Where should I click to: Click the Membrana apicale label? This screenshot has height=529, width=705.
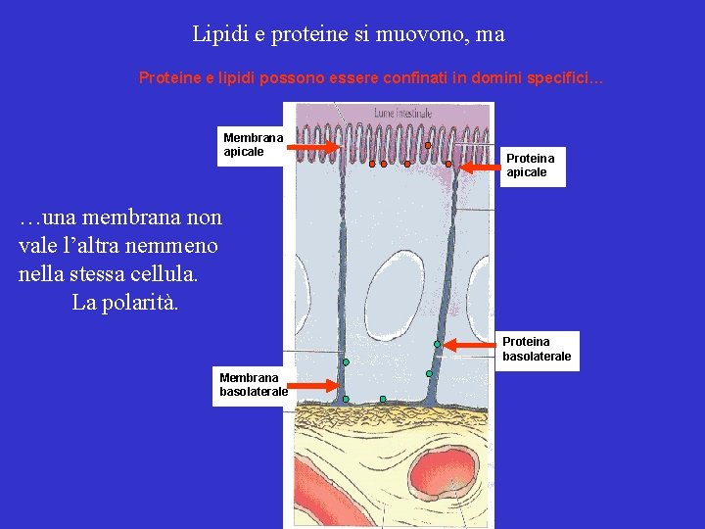point(254,145)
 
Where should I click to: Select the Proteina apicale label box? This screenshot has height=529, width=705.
point(530,165)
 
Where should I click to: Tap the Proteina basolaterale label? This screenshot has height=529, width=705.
point(537,349)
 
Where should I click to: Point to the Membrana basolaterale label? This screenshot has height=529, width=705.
point(254,384)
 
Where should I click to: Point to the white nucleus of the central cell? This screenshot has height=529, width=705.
point(391,283)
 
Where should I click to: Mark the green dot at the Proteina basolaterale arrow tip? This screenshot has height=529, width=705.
point(438,344)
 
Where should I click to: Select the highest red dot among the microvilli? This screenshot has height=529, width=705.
point(428,145)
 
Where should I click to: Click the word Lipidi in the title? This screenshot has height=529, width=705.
point(215,34)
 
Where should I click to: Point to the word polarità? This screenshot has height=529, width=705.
point(144,302)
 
